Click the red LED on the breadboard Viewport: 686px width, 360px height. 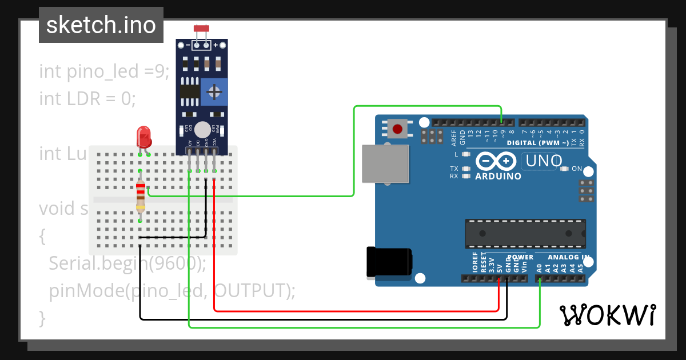[x=143, y=138]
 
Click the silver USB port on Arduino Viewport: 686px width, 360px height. [x=386, y=163]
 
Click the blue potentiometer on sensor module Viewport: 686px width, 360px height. [x=214, y=92]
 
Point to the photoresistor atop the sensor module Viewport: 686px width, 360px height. [x=201, y=29]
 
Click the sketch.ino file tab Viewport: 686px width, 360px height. [x=101, y=25]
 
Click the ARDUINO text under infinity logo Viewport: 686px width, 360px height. [x=498, y=177]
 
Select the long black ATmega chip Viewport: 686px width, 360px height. [x=525, y=234]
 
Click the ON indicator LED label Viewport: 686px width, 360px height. [x=577, y=169]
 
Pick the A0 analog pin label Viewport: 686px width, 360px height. [x=539, y=267]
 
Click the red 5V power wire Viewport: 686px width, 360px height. [x=354, y=311]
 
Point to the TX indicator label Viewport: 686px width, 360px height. [x=454, y=169]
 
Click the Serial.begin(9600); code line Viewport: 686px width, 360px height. [x=127, y=263]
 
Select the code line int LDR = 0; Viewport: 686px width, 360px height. [x=87, y=99]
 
